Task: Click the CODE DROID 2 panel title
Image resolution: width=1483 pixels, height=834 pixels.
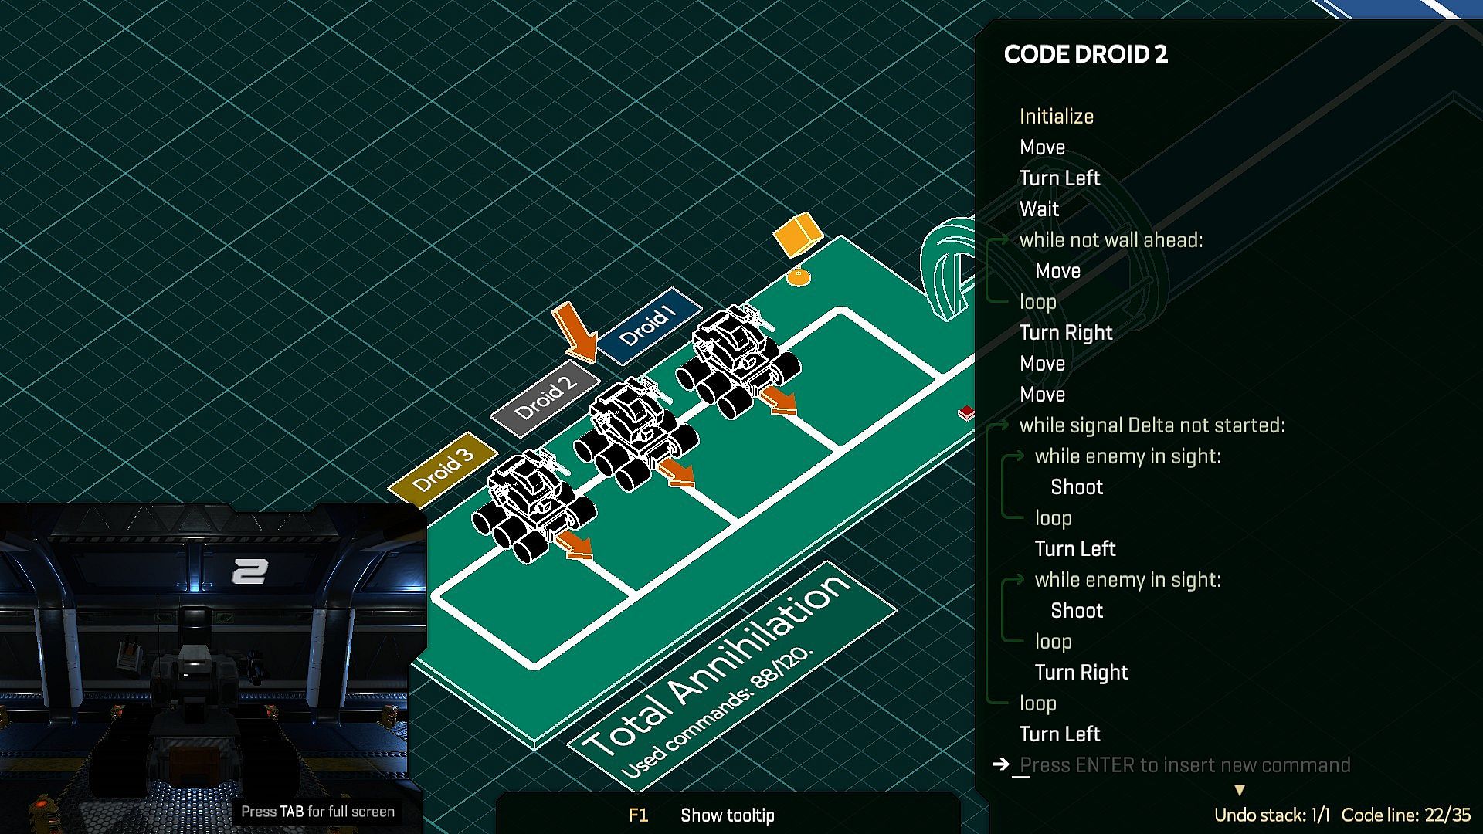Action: click(1085, 54)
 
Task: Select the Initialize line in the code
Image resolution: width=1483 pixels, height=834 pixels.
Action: click(1056, 117)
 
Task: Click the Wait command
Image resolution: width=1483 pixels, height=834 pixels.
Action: click(1039, 209)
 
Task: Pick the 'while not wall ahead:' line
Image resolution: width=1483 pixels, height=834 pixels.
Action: click(1111, 240)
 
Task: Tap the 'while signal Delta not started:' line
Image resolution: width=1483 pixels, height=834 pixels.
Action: click(1152, 425)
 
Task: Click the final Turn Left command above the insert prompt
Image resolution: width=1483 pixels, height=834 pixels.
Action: click(1059, 734)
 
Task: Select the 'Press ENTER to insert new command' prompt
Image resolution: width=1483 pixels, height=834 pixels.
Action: click(1185, 765)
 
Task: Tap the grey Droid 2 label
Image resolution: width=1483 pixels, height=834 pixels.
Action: click(545, 398)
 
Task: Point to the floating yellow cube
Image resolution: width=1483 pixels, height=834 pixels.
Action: click(797, 234)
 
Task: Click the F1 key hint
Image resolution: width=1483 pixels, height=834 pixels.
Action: click(638, 815)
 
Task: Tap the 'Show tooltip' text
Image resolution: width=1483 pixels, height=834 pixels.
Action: click(727, 815)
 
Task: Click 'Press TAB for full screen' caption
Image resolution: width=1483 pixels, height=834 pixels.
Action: click(317, 812)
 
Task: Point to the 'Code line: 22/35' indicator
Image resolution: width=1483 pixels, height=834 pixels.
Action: click(1406, 815)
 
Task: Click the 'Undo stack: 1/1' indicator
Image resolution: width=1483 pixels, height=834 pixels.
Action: click(1271, 815)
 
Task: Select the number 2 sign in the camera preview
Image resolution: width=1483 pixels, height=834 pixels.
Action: click(249, 571)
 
